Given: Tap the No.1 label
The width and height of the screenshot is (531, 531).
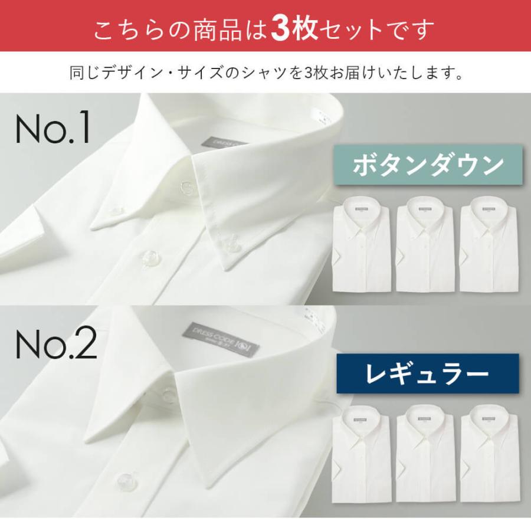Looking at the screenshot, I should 53,128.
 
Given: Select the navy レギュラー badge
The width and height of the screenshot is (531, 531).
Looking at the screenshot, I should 427,373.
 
